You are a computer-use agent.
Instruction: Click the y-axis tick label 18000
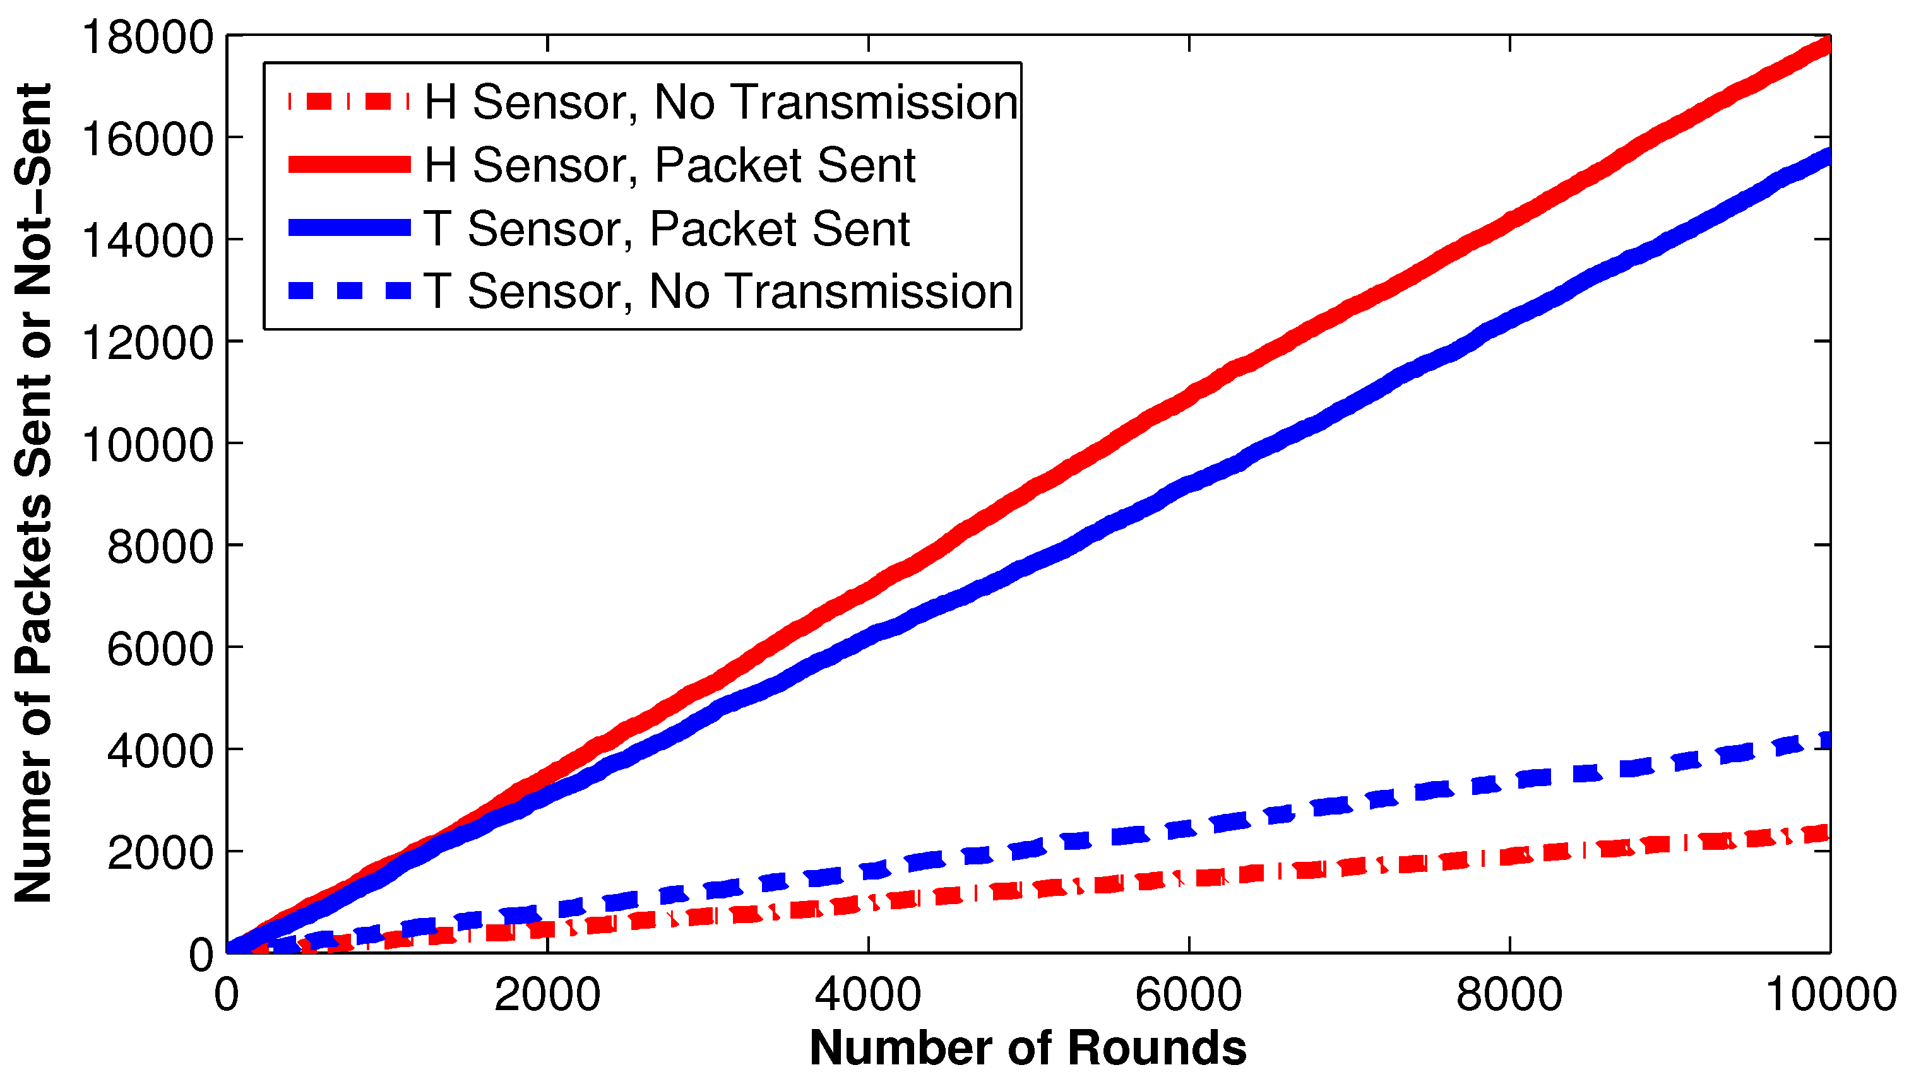pos(148,37)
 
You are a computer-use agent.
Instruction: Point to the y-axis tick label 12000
pos(148,343)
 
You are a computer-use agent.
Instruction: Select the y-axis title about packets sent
pos(33,493)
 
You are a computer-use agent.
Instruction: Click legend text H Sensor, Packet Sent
pos(670,165)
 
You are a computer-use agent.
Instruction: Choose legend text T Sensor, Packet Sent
pos(666,228)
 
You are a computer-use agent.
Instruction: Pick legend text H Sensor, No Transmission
pos(721,102)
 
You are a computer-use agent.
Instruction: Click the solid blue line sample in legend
pos(349,227)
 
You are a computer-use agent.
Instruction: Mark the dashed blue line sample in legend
pos(349,290)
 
